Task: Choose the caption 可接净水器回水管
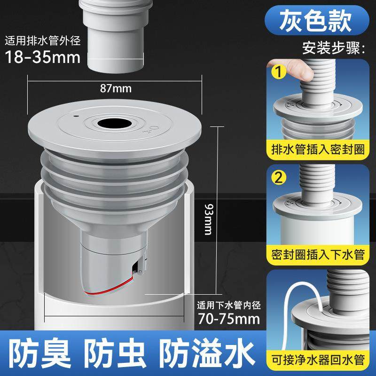(x=319, y=361)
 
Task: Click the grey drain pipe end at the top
(x=113, y=42)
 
